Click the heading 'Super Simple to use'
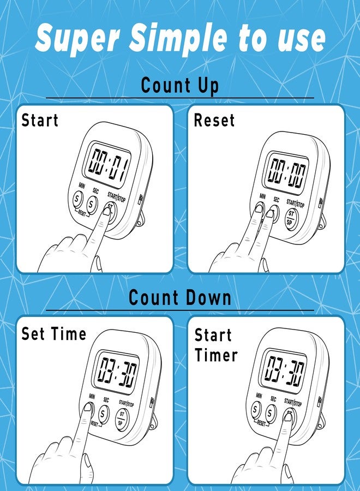tap(180, 38)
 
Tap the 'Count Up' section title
tap(180, 86)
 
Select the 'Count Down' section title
tap(180, 298)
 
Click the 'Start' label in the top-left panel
tap(40, 120)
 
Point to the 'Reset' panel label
tap(214, 120)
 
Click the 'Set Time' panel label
tap(53, 333)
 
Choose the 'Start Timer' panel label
tap(216, 345)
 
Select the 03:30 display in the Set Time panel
tap(116, 371)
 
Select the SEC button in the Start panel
tap(92, 205)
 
